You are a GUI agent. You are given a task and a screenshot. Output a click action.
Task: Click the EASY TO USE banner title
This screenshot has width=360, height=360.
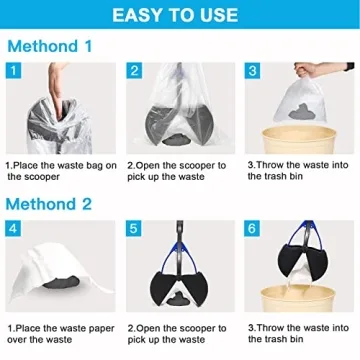180,15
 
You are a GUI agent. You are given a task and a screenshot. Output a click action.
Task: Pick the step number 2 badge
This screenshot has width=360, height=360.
134,71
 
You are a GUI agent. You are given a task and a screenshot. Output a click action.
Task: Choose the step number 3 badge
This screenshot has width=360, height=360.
253,71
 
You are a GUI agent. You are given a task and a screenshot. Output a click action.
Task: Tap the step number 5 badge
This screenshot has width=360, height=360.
134,229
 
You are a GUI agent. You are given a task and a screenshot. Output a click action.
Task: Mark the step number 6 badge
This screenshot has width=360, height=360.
253,229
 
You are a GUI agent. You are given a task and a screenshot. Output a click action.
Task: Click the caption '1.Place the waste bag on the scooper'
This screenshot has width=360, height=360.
60,170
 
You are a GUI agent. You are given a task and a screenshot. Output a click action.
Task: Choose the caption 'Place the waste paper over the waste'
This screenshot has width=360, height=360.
60,332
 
